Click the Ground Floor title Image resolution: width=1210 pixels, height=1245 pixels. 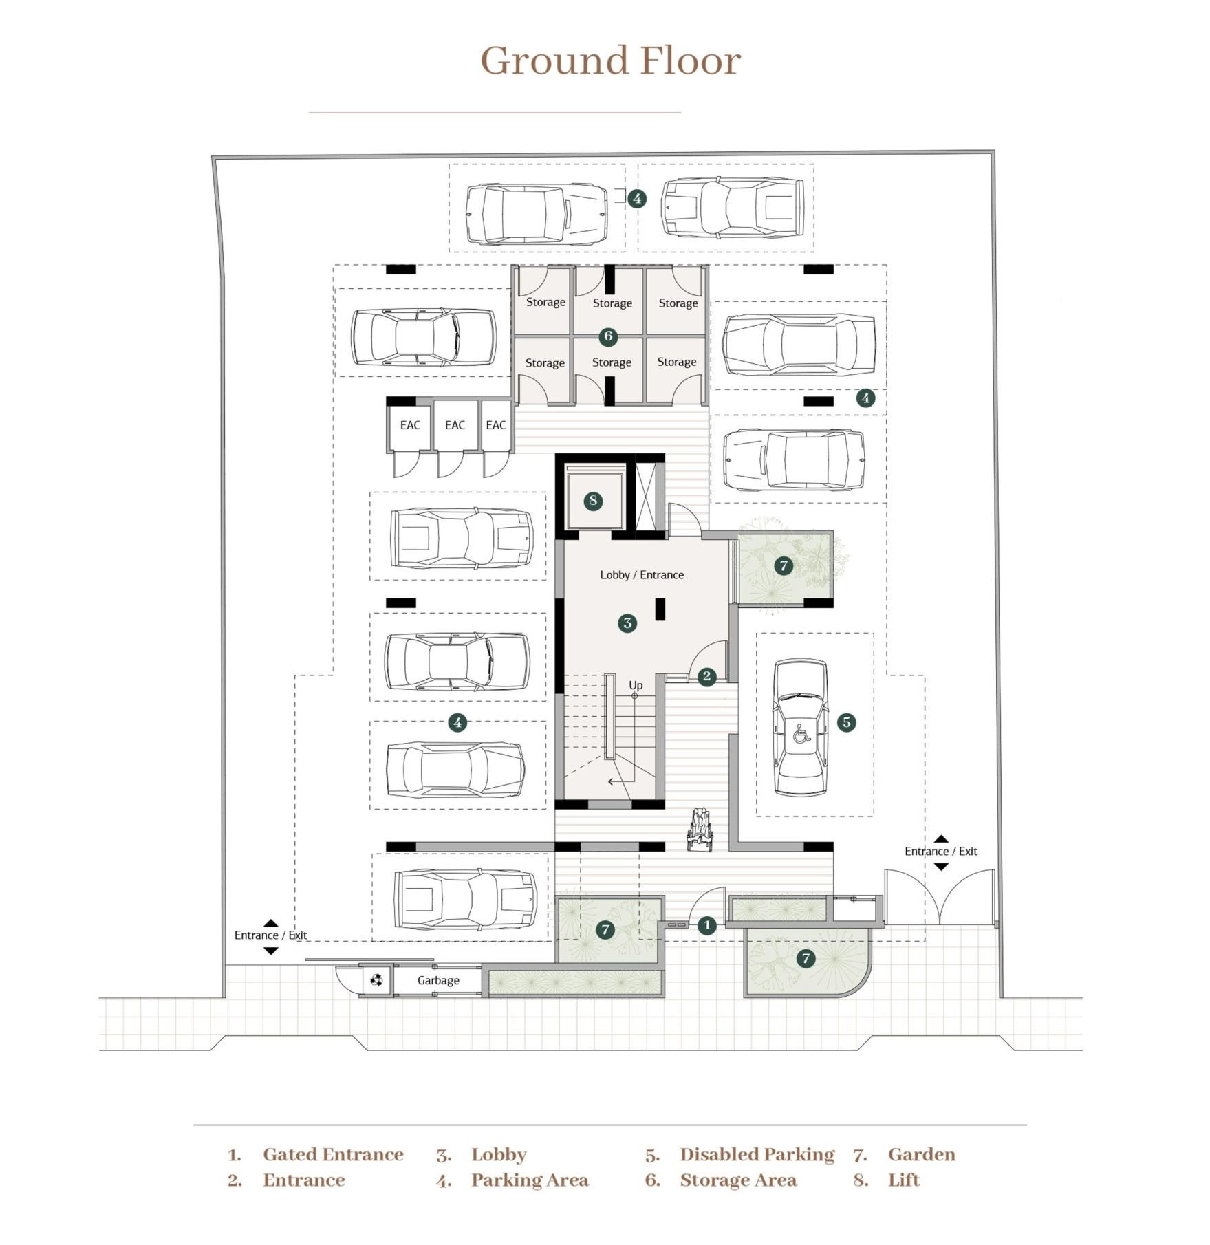point(610,61)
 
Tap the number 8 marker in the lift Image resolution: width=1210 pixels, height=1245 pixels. point(593,501)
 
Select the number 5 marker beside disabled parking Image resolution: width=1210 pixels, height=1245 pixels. point(846,722)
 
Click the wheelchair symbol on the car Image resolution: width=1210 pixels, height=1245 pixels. point(801,734)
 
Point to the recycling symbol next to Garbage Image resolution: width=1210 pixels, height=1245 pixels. point(376,979)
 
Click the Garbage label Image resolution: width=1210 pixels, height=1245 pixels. point(438,980)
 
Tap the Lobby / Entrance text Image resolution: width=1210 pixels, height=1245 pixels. point(642,575)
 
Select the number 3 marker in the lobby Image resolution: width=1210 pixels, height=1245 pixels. point(627,623)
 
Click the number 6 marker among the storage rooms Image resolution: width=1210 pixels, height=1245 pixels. point(608,336)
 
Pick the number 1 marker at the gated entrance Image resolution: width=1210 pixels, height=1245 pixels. point(707,925)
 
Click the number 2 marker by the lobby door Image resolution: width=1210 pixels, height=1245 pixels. point(706,677)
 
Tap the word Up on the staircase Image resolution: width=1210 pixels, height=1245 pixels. point(636,685)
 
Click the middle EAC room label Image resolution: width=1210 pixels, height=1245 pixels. point(455,425)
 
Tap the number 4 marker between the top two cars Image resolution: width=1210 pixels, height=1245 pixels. point(637,199)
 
